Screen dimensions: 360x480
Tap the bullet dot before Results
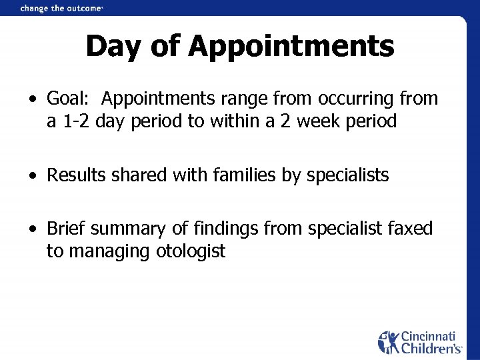[33, 177]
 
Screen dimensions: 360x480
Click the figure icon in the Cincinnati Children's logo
[388, 341]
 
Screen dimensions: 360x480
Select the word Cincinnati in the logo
[427, 335]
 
